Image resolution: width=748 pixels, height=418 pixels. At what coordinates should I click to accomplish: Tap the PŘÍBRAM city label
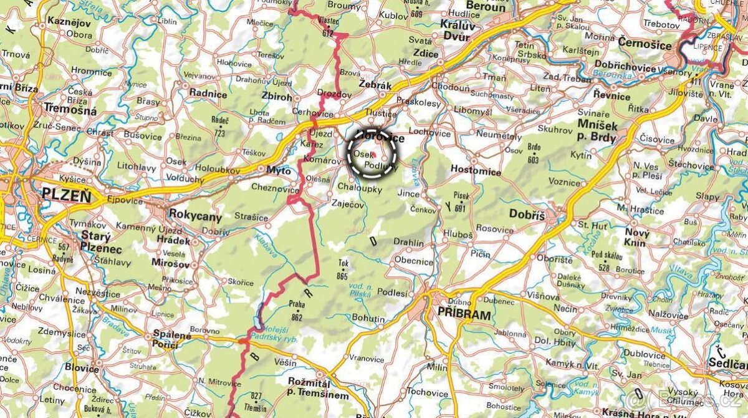coord(464,314)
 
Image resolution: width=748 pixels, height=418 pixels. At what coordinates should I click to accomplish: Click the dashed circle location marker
coord(373,153)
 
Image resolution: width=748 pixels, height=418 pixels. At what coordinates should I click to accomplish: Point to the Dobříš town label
coord(527,214)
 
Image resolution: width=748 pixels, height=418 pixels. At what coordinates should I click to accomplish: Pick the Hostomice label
coord(476,171)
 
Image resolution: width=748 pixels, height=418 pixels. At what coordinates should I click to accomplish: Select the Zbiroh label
coord(277,97)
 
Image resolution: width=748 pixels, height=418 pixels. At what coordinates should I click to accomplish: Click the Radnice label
coord(208,94)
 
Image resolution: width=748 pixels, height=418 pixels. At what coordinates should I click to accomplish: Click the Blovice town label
coord(82,368)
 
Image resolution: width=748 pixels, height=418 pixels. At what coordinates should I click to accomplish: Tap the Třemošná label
coord(70,110)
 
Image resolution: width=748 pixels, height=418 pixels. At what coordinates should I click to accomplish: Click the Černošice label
coord(645,44)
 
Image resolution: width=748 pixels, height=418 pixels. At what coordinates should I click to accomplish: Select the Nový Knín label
coord(637,236)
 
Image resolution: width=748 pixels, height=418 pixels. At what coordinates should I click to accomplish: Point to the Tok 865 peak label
coord(342,269)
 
